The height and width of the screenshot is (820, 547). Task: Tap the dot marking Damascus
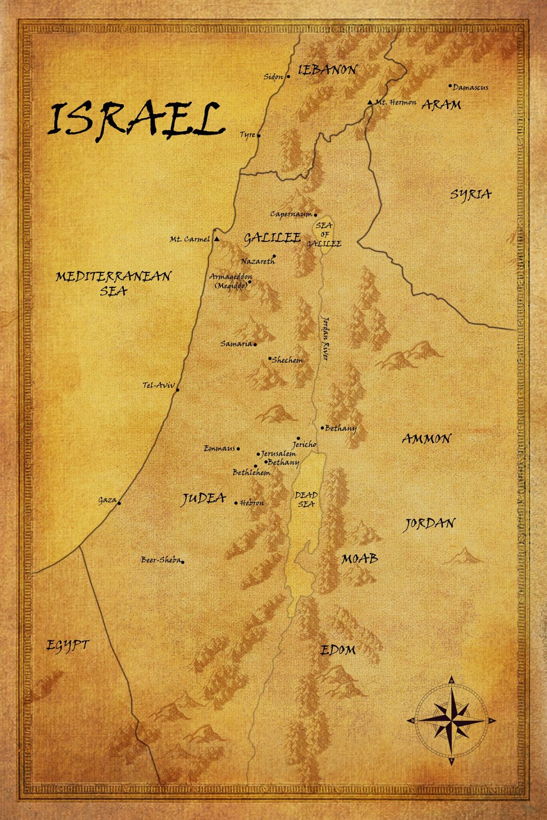(450, 86)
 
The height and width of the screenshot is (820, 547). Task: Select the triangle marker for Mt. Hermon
(370, 102)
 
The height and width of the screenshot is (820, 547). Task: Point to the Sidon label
(273, 76)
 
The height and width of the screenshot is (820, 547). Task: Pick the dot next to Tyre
(258, 136)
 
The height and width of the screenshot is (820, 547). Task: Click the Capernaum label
(291, 214)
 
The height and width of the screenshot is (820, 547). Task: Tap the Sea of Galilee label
(324, 234)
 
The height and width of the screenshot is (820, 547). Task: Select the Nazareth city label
(257, 261)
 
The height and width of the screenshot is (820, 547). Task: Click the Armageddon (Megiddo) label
(231, 281)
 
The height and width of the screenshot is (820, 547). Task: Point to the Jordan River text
(325, 338)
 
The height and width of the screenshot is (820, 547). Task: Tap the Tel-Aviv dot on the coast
(178, 390)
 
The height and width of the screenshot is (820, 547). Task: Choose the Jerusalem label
(278, 454)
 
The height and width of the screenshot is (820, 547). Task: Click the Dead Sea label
(306, 500)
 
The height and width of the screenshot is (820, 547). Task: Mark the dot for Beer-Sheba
(183, 561)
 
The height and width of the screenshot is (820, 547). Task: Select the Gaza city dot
(119, 503)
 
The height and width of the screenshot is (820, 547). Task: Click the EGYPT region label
(68, 645)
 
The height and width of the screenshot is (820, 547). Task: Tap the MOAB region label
(360, 559)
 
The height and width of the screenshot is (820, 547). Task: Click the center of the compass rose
(452, 721)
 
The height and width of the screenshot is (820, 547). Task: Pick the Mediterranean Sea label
(113, 283)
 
